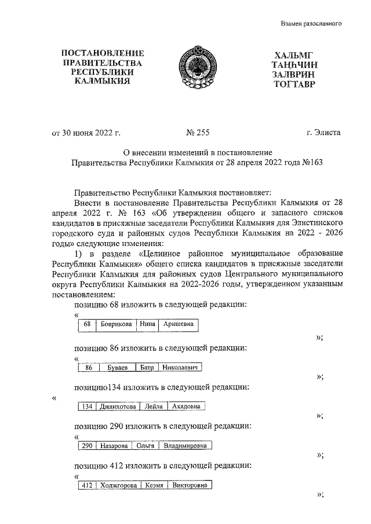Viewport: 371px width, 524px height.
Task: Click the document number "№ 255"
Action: [198, 133]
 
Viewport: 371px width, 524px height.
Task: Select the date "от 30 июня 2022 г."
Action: [86, 133]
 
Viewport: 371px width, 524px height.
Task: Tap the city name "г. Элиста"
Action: [324, 133]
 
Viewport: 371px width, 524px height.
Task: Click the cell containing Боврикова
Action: [116, 325]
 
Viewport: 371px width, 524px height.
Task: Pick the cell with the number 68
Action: [87, 325]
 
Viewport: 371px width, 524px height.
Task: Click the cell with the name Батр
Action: [146, 368]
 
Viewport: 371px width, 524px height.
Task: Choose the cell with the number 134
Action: [87, 406]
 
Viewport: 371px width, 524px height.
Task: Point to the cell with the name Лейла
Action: [153, 406]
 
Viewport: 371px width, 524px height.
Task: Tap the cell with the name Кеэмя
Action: [154, 485]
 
